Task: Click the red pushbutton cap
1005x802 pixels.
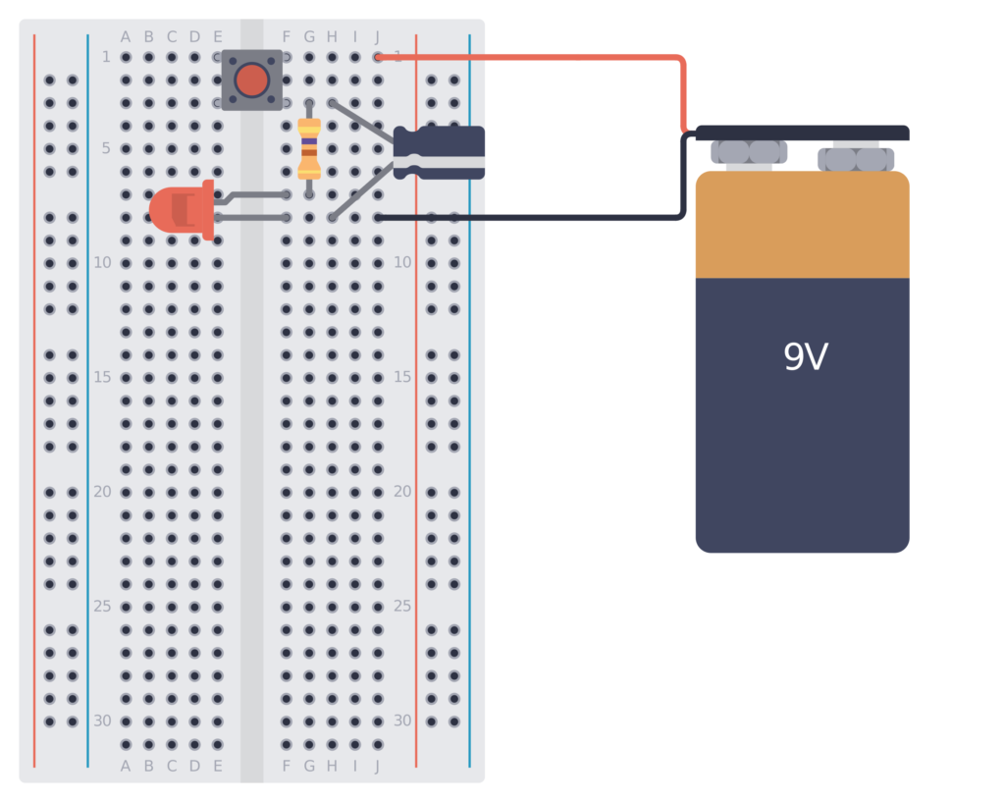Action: pyautogui.click(x=251, y=80)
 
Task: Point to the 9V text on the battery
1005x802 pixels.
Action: pyautogui.click(x=805, y=357)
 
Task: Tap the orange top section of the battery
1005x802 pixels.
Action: pyautogui.click(x=802, y=226)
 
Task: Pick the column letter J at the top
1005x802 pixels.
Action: pyautogui.click(x=378, y=37)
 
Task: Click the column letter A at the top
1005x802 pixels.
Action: pyautogui.click(x=126, y=37)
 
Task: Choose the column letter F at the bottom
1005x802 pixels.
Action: pyautogui.click(x=287, y=766)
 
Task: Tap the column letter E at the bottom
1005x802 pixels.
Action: pyautogui.click(x=218, y=766)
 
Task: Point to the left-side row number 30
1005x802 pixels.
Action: pyautogui.click(x=102, y=721)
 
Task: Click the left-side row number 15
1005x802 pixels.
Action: pyautogui.click(x=102, y=377)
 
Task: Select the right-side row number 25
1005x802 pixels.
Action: pyautogui.click(x=402, y=606)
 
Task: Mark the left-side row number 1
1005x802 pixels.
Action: pyautogui.click(x=106, y=57)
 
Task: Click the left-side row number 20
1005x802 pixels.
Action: pyautogui.click(x=102, y=491)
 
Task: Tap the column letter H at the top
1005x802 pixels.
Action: pyautogui.click(x=332, y=37)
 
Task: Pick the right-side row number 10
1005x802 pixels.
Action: pyautogui.click(x=402, y=262)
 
